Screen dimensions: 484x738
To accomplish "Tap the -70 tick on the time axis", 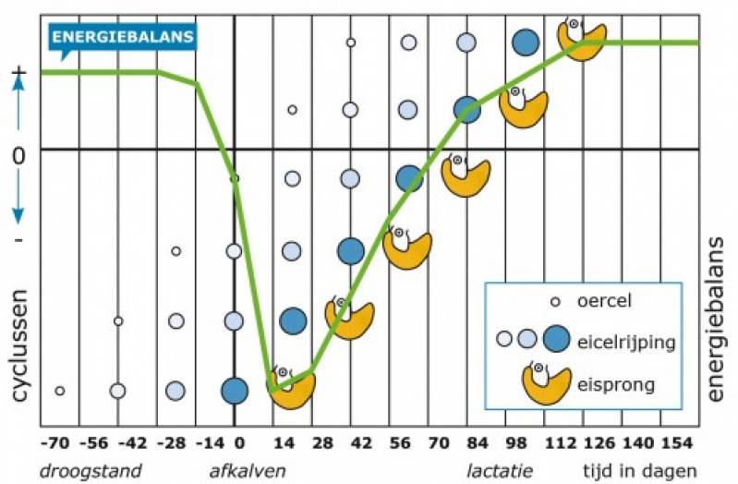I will click(x=59, y=444).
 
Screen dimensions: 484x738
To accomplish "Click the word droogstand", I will click(x=91, y=470).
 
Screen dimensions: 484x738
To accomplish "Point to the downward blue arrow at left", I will click(x=18, y=202).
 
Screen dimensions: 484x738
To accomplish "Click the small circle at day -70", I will click(x=60, y=391).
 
